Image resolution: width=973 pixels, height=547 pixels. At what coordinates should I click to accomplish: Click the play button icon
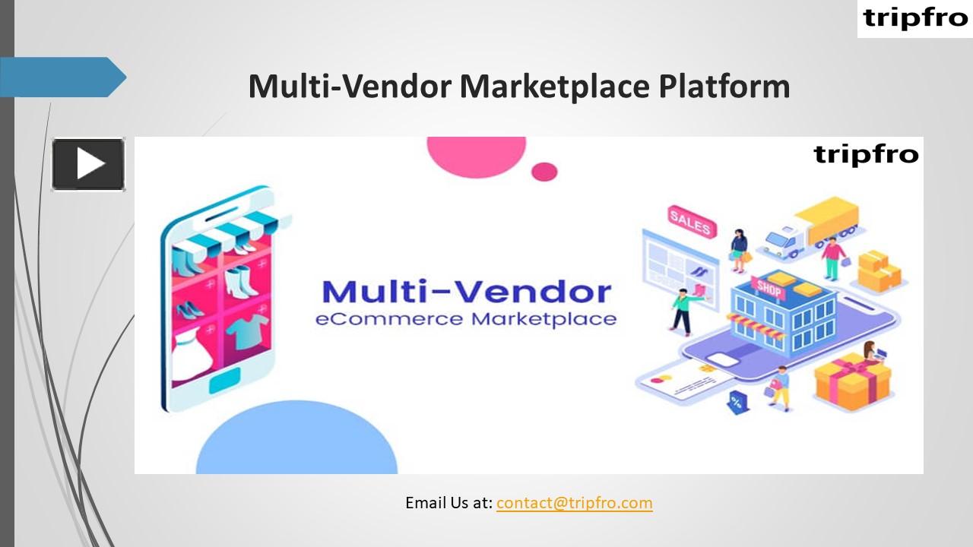tap(88, 163)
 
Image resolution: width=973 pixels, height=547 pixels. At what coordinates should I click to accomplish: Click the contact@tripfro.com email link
tap(574, 503)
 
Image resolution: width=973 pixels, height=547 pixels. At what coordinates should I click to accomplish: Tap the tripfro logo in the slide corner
tap(915, 18)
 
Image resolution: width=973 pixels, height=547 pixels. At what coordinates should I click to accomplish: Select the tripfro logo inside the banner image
tap(866, 154)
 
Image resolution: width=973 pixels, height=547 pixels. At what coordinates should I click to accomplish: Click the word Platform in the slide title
tap(724, 87)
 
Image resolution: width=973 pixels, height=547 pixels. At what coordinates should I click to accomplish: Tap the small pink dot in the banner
tap(544, 172)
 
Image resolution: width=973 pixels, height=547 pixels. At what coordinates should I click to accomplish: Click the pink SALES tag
tap(689, 221)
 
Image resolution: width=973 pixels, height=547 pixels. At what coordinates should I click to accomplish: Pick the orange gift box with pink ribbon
tap(852, 380)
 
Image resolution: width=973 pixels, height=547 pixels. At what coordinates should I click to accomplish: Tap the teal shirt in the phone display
tap(247, 331)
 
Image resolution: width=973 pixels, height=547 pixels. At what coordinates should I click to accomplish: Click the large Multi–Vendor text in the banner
tap(466, 292)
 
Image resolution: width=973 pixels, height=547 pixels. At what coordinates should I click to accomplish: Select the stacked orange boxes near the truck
tap(878, 270)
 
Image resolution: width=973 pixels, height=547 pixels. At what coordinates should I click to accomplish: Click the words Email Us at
tap(448, 503)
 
